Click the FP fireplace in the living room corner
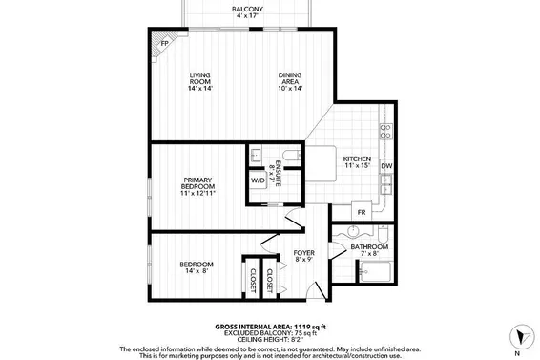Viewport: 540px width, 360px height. coord(164,44)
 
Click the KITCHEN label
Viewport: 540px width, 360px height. coord(357,162)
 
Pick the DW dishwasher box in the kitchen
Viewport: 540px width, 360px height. coord(386,166)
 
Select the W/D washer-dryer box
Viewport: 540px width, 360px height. coord(258,180)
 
